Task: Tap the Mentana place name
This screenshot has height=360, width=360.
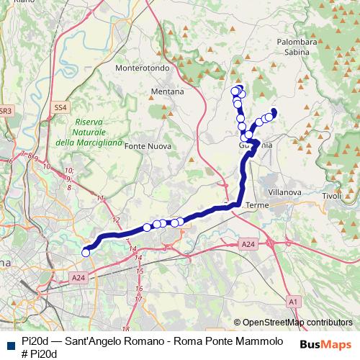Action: tap(167, 92)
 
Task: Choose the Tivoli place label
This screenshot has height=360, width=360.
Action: tap(331, 197)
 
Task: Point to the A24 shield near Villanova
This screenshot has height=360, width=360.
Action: tap(248, 245)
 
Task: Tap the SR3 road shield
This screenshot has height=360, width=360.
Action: tap(5, 111)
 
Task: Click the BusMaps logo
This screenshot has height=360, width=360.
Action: tap(326, 343)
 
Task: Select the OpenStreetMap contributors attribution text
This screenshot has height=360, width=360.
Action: tap(297, 322)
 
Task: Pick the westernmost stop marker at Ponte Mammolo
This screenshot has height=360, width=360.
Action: tap(86, 252)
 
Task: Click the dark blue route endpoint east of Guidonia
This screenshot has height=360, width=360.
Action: tap(274, 112)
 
